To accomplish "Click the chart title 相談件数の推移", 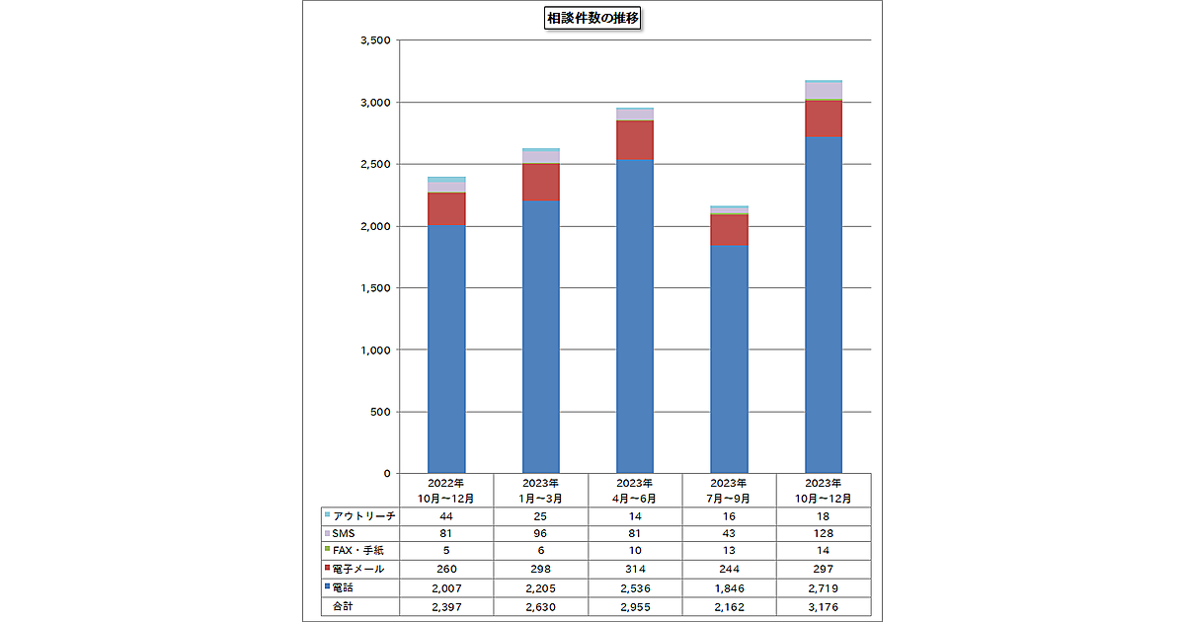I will [x=593, y=18].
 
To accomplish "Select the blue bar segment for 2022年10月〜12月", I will [x=446, y=346].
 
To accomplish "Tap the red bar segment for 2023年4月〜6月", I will [x=635, y=139].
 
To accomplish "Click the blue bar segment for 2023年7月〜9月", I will [x=729, y=355].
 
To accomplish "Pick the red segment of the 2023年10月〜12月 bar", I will [x=824, y=118].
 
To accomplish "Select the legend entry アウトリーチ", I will [x=363, y=516].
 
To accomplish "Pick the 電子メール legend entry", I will [x=358, y=570].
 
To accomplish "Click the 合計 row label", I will [x=343, y=605].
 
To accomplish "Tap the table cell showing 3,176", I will [x=824, y=605].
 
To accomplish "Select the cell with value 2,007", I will [x=446, y=587].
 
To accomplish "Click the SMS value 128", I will [x=824, y=534].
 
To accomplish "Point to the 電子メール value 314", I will [x=635, y=570].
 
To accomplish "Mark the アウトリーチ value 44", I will [x=446, y=516].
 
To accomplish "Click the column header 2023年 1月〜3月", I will [x=540, y=491].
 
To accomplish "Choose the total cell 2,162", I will [x=729, y=605].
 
